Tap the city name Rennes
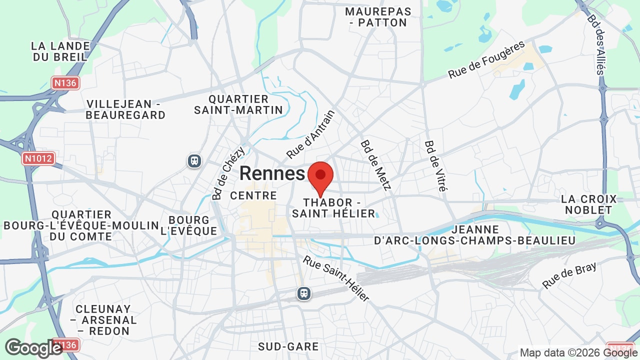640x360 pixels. click(272, 173)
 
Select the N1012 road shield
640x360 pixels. click(38, 158)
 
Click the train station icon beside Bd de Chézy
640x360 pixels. click(194, 160)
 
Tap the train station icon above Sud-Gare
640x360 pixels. click(304, 293)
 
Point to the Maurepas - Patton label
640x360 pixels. click(378, 17)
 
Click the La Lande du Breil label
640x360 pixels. click(60, 51)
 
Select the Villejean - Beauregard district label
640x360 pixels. click(125, 109)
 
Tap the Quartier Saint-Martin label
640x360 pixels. click(238, 104)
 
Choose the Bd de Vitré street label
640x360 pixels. click(435, 165)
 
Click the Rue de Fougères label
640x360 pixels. click(486, 59)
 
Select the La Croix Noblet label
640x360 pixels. click(589, 204)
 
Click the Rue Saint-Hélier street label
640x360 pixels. click(336, 278)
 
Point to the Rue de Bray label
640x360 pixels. click(569, 275)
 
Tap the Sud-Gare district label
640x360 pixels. click(288, 346)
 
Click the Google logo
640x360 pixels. click(33, 348)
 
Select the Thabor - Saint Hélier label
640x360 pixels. click(333, 208)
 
